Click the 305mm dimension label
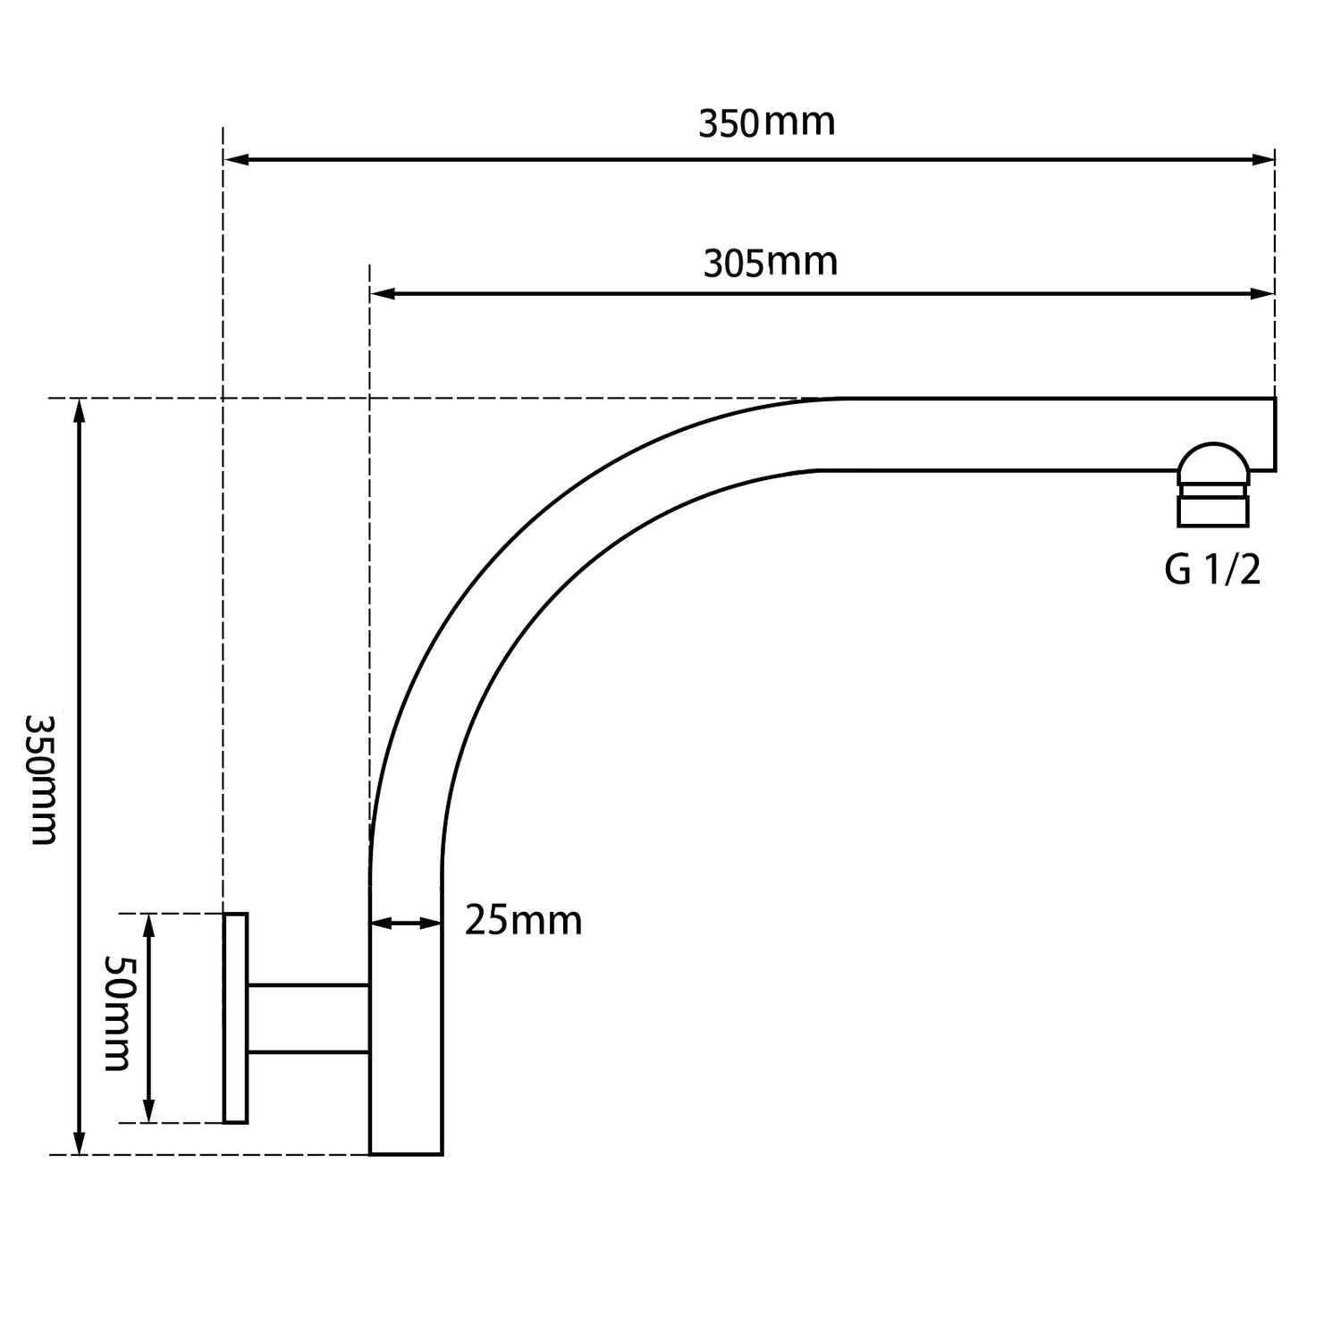(x=770, y=263)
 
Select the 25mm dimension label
(x=523, y=920)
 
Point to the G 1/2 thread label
(x=1212, y=569)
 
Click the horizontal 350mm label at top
(x=766, y=122)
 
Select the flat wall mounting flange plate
(x=235, y=1017)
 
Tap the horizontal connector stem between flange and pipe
(x=308, y=1018)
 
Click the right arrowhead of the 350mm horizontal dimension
(x=1263, y=160)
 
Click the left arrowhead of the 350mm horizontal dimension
(x=235, y=160)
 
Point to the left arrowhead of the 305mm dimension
(x=382, y=293)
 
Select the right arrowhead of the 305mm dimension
(x=1263, y=293)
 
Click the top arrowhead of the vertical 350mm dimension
(x=80, y=410)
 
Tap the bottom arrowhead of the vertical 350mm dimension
(x=80, y=1143)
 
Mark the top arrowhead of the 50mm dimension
(x=149, y=924)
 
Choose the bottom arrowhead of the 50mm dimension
(x=149, y=1111)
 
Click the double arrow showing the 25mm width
(x=405, y=923)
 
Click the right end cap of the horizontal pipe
(x=1273, y=434)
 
